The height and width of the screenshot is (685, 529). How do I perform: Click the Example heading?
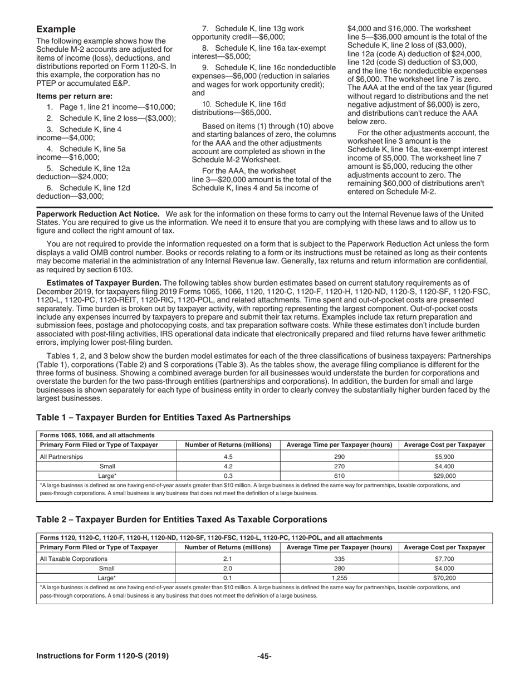coord(56,29)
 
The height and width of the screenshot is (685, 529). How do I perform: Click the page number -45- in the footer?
coord(264,657)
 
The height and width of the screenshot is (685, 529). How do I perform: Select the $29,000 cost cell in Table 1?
coord(444,476)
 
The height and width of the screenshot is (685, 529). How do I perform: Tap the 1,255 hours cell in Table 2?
coord(339,579)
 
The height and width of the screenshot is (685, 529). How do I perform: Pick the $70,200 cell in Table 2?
coord(444,579)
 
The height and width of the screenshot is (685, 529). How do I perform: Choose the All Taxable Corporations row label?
coord(70,559)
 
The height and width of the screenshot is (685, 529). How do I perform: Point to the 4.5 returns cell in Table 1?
coord(228,457)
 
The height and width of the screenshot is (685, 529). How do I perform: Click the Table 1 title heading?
coord(163,417)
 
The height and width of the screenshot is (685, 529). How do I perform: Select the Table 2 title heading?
coord(182,520)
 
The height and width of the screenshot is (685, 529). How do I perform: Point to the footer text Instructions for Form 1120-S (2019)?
coord(102,657)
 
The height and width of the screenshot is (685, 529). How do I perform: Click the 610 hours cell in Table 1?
coord(339,476)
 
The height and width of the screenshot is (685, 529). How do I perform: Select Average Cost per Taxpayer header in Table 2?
coord(444,547)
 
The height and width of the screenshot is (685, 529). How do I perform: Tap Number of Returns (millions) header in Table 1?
coord(228,445)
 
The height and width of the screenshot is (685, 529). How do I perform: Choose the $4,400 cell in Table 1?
coord(444,467)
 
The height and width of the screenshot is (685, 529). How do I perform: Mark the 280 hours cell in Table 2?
coord(339,569)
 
